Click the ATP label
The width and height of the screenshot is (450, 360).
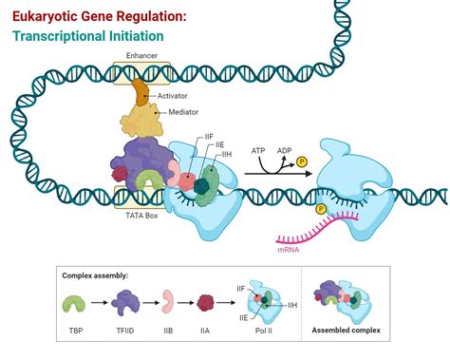pos(258,150)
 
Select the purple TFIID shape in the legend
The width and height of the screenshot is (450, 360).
pos(126,304)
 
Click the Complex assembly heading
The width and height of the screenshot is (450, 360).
pos(95,275)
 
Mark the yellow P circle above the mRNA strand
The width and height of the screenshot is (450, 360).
pos(322,208)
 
